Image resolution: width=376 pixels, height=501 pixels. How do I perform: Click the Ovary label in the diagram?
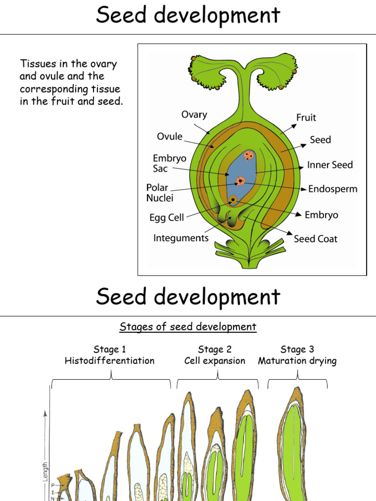(194, 115)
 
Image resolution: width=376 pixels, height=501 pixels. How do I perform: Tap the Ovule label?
(169, 137)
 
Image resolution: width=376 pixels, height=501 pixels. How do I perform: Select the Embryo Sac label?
(169, 163)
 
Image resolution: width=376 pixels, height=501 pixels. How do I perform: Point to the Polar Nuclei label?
(160, 193)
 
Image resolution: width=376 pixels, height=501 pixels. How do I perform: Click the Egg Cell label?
(166, 217)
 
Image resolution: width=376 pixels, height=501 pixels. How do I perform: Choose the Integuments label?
(181, 238)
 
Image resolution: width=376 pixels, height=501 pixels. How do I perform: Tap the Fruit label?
(306, 117)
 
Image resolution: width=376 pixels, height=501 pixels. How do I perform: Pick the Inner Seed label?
(330, 165)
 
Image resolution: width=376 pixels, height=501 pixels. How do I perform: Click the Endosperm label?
(333, 189)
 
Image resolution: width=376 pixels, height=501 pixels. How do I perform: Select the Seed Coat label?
(315, 239)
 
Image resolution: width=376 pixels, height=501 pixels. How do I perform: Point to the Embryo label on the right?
(321, 215)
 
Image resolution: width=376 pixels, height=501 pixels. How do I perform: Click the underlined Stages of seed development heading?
(188, 327)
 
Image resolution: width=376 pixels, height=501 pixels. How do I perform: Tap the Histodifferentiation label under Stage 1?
(110, 361)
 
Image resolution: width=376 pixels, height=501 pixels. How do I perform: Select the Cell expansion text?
(214, 361)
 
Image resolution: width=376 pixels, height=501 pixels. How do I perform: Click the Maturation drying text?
(297, 361)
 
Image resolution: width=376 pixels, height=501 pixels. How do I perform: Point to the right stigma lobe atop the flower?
(277, 73)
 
